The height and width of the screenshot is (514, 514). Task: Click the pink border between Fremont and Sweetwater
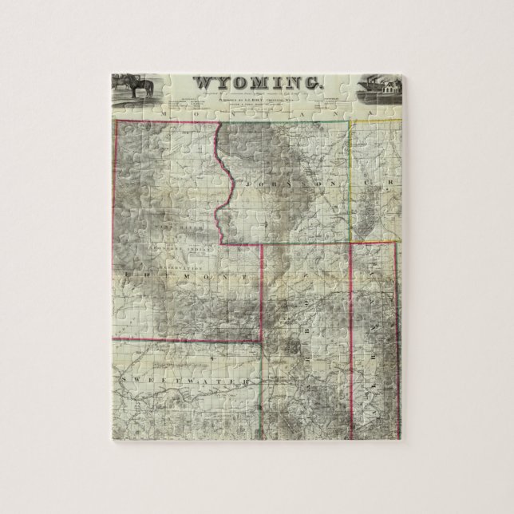[184, 339]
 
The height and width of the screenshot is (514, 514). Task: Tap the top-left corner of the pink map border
[118, 121]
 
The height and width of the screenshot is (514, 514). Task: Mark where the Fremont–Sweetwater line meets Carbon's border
[263, 339]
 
